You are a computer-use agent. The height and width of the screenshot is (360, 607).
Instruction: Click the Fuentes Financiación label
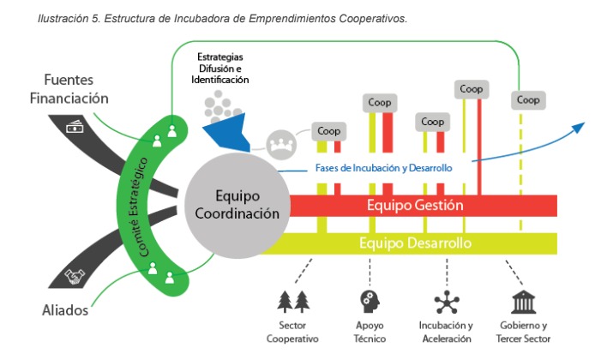[x=69, y=89]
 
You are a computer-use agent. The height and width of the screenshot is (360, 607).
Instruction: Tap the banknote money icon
[x=75, y=127]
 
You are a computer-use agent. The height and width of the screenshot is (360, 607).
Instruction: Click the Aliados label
[x=64, y=310]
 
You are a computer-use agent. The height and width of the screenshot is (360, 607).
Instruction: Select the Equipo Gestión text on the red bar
[x=415, y=206]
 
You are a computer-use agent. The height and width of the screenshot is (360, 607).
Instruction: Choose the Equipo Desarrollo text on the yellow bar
[x=415, y=243]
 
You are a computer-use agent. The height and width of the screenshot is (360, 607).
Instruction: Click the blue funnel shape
[x=225, y=132]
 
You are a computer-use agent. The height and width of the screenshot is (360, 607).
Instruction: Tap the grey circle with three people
[x=280, y=142]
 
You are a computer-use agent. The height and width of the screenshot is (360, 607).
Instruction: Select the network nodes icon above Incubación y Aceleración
[x=446, y=302]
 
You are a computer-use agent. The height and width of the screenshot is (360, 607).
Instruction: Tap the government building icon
[x=523, y=302]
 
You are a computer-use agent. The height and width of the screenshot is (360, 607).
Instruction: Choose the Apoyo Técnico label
[x=370, y=332]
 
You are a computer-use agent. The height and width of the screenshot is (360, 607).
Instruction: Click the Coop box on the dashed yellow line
[x=528, y=100]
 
